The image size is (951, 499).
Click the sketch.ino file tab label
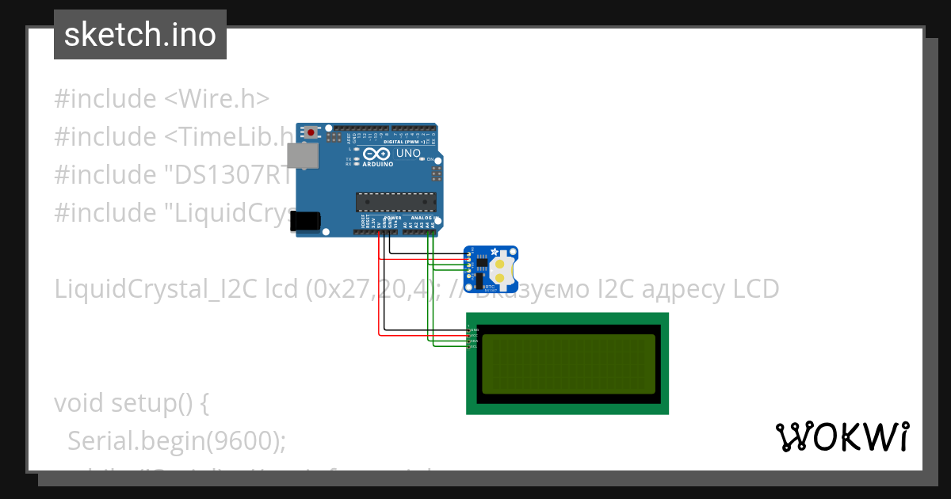coord(140,35)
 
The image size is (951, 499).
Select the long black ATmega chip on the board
coord(395,203)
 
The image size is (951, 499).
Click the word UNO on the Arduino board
coord(408,153)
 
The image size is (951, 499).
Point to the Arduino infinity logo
coord(377,154)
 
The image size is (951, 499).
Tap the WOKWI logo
coord(842,436)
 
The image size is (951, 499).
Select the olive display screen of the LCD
coord(568,364)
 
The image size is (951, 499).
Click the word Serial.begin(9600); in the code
coord(177,440)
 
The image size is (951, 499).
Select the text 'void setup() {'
coord(132,402)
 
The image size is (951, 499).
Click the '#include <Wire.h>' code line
coord(162,99)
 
